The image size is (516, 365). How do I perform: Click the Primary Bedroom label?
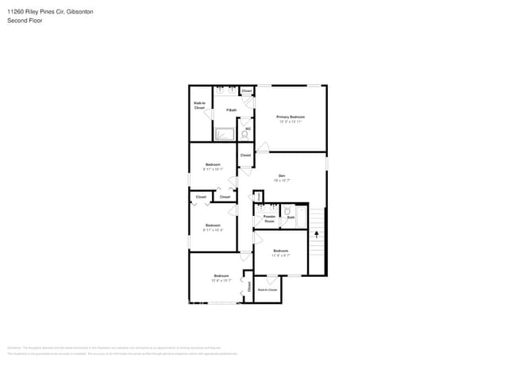291,117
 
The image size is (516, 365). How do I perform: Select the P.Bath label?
231,109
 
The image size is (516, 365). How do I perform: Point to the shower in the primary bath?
225,134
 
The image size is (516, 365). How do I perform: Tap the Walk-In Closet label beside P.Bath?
200,105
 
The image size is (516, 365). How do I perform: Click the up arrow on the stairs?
317,234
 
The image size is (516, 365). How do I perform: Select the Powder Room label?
269,218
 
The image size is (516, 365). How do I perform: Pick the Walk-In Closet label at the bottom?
268,290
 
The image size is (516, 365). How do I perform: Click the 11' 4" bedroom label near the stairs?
281,252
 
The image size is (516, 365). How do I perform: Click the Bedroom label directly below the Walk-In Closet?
213,166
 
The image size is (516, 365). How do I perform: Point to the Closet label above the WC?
247,91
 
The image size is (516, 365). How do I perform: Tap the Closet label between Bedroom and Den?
246,155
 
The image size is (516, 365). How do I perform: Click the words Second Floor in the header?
25,21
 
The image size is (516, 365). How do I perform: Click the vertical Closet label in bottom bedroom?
248,287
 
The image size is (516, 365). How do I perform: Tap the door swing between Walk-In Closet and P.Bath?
211,116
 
